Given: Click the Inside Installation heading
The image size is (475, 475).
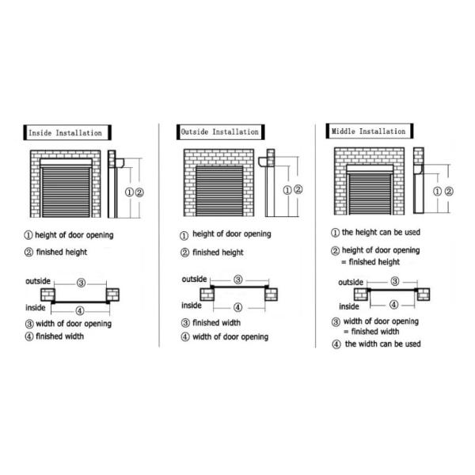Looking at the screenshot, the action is pos(65,133).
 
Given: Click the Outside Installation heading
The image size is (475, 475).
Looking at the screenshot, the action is pos(219,132).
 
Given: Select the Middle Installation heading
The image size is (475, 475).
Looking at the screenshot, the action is pos(368,131).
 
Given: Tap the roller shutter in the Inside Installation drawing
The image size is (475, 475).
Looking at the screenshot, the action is pos(66,192).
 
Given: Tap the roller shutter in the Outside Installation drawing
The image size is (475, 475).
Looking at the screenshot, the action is pos(219,191).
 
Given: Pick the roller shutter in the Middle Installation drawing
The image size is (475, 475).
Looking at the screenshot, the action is pos(370,194).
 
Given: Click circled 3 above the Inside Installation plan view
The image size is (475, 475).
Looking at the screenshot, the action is pos(81,283).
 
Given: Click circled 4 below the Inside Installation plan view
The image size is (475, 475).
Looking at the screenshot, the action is pos(80,311).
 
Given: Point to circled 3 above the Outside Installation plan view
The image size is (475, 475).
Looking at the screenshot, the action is pos(238,279).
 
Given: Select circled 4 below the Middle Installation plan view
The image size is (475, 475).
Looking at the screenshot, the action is pos(393,305).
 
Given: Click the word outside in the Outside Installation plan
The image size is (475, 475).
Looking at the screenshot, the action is pos(194,279).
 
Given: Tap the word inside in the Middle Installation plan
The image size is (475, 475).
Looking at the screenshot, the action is pos(349,306).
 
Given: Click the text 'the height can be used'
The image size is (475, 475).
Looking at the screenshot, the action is pos(381,232).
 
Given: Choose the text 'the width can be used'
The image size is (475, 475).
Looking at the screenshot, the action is pos(383,344).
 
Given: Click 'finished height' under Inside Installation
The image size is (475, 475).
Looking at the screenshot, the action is pos(62,252).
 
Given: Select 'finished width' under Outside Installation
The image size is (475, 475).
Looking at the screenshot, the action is pos(217,323).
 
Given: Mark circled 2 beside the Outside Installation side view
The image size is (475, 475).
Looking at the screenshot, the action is pos(298,190).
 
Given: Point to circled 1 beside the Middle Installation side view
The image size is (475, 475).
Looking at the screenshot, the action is pos(437,192).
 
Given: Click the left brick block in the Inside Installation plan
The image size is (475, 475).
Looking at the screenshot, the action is pos(47,294).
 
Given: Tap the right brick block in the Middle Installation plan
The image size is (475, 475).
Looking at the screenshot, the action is pos(424,294).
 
